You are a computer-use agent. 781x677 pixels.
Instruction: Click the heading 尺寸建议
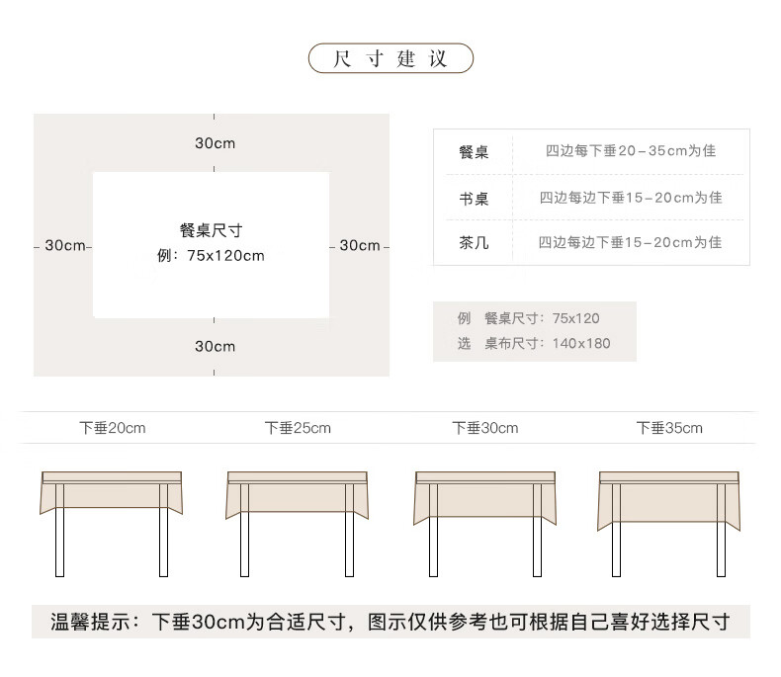tap(390, 58)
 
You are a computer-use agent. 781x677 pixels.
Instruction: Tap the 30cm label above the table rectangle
tap(215, 143)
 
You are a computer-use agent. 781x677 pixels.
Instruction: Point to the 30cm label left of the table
tap(65, 245)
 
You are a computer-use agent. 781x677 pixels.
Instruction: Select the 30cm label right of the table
tap(360, 245)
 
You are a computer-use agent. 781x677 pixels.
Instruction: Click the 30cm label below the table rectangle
tap(215, 346)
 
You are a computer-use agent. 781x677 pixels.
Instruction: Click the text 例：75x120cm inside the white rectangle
tap(211, 256)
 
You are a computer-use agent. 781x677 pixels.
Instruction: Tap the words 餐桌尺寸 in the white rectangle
tap(211, 230)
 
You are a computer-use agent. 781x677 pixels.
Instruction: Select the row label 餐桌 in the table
tap(474, 152)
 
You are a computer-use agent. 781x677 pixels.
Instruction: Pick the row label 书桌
tap(474, 198)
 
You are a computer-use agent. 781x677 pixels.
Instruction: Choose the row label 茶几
tap(474, 242)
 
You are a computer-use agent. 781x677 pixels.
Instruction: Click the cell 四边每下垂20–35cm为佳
tap(630, 151)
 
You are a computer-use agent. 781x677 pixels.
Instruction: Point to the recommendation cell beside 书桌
tap(630, 198)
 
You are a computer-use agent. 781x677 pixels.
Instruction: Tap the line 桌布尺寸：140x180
tap(547, 344)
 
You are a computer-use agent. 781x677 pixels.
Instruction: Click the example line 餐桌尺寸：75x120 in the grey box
tap(542, 318)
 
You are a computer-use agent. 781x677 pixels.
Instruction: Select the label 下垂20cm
tap(113, 428)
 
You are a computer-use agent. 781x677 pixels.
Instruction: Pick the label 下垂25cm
tap(298, 428)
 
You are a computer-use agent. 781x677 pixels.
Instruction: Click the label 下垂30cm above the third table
tap(485, 428)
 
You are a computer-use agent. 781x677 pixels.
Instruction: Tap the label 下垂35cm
tap(669, 428)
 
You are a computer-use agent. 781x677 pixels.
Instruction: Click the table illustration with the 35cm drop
tap(669, 514)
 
